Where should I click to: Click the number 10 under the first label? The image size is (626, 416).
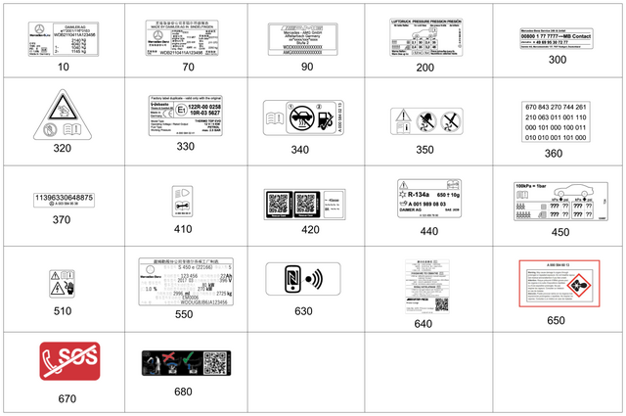pos(64,67)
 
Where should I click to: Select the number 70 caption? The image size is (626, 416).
pos(188,67)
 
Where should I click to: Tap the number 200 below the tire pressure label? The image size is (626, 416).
pos(425,68)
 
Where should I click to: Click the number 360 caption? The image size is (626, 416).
pos(555,153)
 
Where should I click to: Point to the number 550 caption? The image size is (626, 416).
pos(184,314)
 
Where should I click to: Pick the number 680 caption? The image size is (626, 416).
pos(184,392)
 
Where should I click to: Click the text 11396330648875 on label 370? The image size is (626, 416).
pos(64,199)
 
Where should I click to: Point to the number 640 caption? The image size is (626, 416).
pos(423,322)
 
